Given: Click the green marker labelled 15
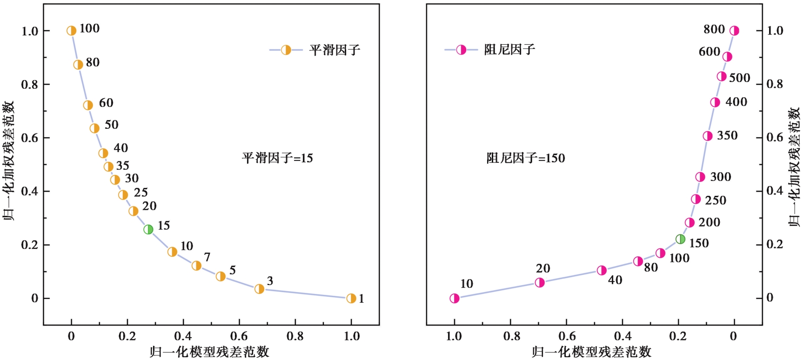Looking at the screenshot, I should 148,229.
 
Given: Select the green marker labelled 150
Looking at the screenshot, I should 680,239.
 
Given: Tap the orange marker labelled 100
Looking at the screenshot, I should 71,31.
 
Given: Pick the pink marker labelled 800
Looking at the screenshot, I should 734,31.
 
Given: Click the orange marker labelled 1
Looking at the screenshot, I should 351,299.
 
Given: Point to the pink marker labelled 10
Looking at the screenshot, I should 455,299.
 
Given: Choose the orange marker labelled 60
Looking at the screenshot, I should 88,106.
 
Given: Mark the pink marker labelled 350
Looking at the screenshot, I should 708,136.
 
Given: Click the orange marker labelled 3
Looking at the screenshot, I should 260,289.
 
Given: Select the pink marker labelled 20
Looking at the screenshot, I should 540,283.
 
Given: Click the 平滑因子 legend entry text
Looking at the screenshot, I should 335,50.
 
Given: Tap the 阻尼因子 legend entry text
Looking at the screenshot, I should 509,49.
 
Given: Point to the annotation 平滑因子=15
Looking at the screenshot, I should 277,158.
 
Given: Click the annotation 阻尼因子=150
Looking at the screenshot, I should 526,158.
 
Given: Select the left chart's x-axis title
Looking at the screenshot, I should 209,352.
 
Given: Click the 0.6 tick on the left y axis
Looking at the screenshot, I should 30,138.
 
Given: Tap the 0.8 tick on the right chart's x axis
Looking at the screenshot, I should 511,336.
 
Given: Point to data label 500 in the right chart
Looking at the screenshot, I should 739,78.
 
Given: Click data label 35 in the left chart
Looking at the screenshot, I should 123,166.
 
